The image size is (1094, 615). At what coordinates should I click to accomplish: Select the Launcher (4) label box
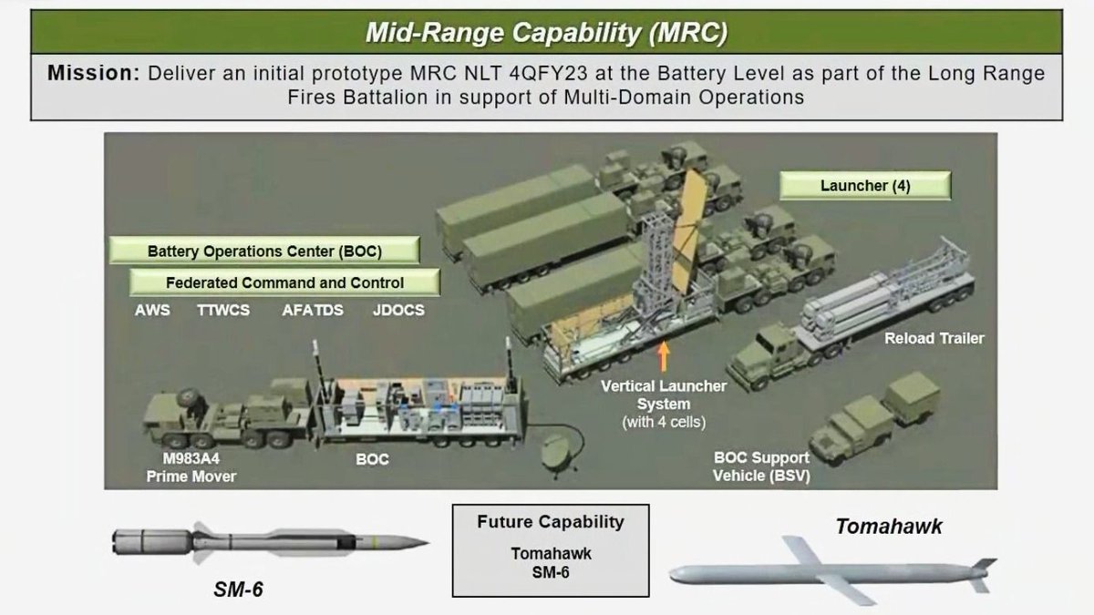[865, 186]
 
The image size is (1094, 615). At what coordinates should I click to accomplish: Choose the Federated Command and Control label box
[284, 282]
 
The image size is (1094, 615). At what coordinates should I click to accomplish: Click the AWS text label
[152, 310]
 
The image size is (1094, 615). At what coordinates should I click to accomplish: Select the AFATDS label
[312, 310]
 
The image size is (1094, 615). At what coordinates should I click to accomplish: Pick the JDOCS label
[398, 310]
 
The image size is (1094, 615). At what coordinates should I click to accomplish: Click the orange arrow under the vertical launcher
[664, 354]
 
